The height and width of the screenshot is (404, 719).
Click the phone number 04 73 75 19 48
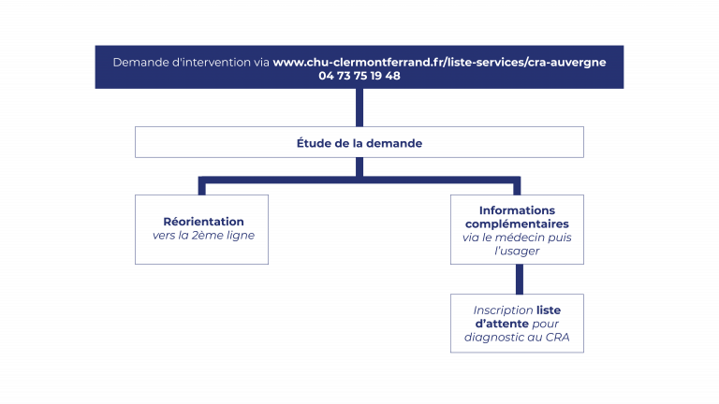tap(359, 76)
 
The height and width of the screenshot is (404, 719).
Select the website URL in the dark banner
tap(439, 63)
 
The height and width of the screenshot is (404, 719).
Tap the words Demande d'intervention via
tap(191, 63)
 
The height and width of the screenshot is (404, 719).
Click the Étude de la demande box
tap(359, 142)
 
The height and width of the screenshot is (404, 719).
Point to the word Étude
tap(315, 143)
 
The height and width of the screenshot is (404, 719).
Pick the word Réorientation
tap(203, 222)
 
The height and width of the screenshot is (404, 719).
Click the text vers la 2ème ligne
tap(203, 236)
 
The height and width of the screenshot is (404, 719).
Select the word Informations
tap(517, 210)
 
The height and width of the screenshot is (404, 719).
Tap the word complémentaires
tap(517, 224)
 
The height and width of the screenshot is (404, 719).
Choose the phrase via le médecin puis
tap(517, 238)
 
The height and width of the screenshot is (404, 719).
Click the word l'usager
tap(517, 251)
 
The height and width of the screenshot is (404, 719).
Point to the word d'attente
tap(502, 324)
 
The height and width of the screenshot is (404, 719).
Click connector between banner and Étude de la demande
tap(359, 108)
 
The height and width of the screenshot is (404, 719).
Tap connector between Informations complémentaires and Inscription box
tap(519, 280)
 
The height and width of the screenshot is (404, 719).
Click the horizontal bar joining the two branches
tap(359, 180)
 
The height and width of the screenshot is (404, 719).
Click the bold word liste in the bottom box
tap(549, 310)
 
